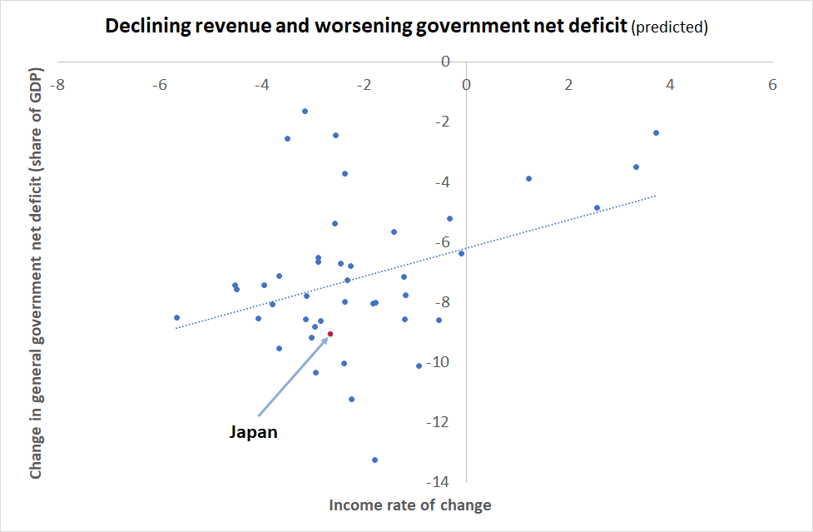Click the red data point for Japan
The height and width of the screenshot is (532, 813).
(x=330, y=334)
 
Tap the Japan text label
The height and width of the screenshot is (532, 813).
(x=253, y=432)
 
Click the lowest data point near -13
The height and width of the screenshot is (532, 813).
(x=374, y=460)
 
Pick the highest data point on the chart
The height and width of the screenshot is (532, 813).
(x=305, y=111)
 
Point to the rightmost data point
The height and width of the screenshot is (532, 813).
(x=656, y=132)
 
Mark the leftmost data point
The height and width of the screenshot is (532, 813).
(x=176, y=317)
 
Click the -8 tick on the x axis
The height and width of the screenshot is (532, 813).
(x=57, y=85)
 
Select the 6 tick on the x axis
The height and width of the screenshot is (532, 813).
(x=773, y=85)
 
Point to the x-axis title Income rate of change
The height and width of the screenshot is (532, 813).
(x=410, y=505)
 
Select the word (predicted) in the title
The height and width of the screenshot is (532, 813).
(x=670, y=27)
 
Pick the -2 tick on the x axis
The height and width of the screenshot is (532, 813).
(x=364, y=85)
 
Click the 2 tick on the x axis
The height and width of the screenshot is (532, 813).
(x=568, y=85)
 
